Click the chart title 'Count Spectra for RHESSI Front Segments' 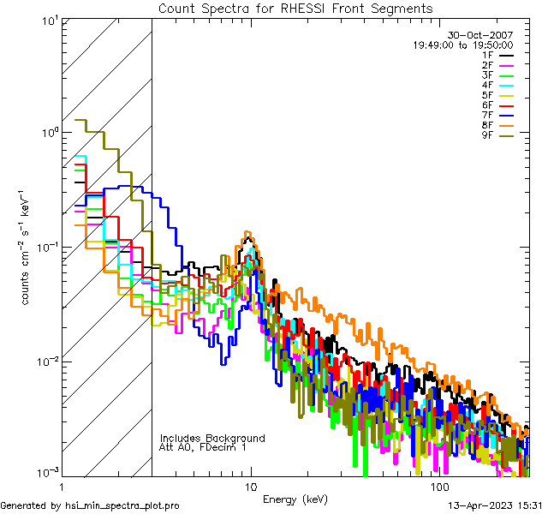click(x=295, y=8)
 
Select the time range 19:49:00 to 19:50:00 click(x=463, y=45)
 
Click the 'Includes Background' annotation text click(x=212, y=438)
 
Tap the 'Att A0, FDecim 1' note click(x=203, y=447)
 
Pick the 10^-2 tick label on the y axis click(x=45, y=361)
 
